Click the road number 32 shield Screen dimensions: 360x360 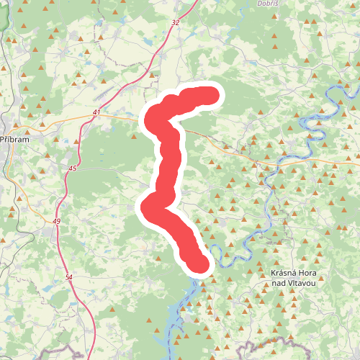click(176, 23)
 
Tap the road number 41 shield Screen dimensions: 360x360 click(96, 113)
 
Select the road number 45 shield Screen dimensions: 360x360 click(71, 168)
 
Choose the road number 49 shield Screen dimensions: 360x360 click(56, 220)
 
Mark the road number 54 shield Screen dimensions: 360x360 click(68, 277)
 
